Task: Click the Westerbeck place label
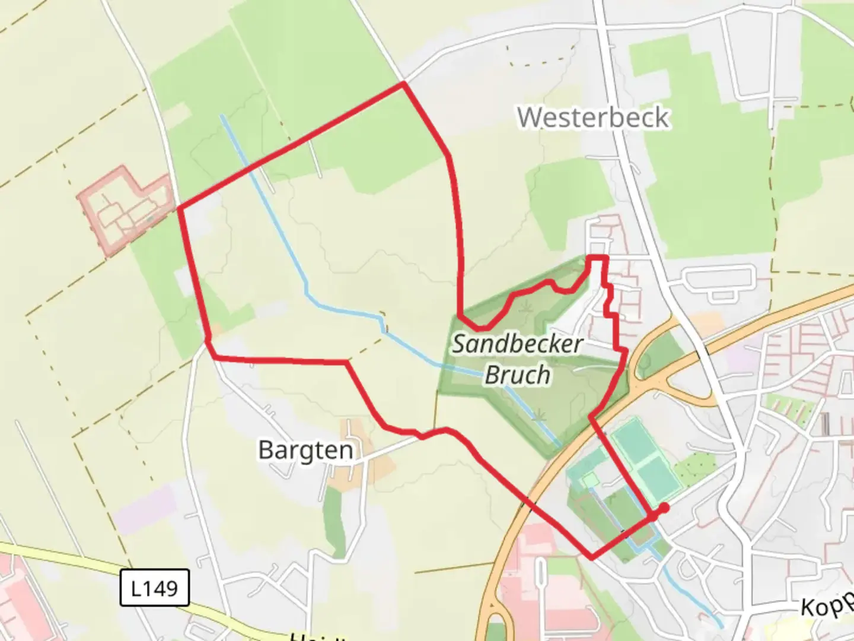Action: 593,118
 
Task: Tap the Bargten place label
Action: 305,450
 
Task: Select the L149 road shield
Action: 154,588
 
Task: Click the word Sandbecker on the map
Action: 517,344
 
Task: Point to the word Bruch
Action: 517,375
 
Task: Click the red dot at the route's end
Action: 664,507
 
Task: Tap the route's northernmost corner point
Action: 404,84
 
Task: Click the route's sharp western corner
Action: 180,208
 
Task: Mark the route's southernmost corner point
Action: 591,557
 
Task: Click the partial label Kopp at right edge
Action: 827,605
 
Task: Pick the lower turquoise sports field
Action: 659,478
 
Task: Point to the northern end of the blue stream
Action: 222,116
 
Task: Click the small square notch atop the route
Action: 597,258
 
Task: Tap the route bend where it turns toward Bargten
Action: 347,362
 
